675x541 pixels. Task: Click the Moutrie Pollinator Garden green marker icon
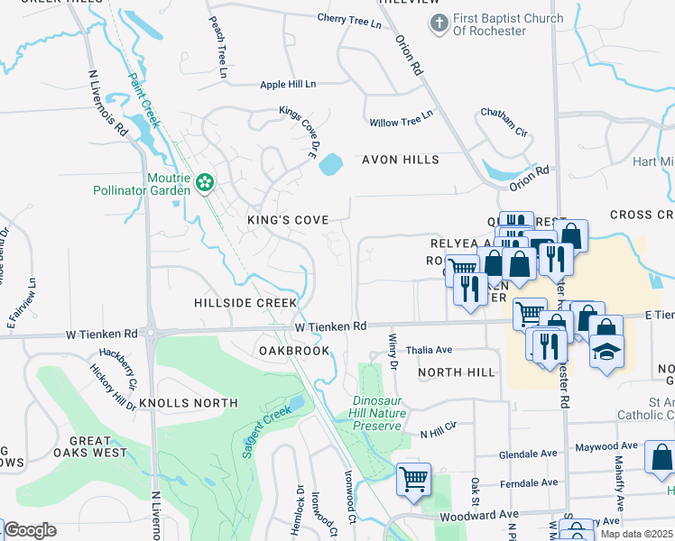click(x=205, y=182)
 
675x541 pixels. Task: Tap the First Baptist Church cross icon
click(x=439, y=24)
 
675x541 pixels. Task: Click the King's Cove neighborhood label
click(x=287, y=220)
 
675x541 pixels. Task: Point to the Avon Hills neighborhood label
click(x=400, y=160)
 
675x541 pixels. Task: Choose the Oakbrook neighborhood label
click(x=291, y=350)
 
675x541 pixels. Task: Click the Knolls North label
click(x=195, y=403)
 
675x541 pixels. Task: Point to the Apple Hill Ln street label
click(x=288, y=84)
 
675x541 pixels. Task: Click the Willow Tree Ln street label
click(x=401, y=122)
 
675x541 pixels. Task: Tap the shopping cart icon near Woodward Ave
click(x=413, y=479)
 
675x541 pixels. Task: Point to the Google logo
click(x=30, y=530)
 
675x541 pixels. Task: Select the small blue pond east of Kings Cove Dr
click(x=331, y=165)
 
